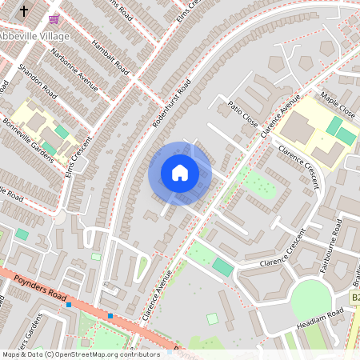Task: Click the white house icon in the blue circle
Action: click(180, 173)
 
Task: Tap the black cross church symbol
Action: click(24, 11)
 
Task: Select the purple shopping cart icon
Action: click(54, 18)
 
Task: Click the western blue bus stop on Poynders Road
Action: click(70, 304)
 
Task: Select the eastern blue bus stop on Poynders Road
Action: click(110, 316)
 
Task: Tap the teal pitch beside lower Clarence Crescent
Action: click(223, 268)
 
